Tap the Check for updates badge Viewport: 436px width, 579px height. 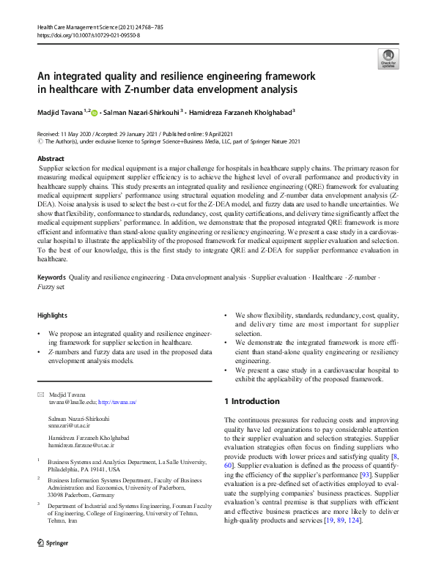(387, 59)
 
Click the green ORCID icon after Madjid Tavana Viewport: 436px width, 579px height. (94, 112)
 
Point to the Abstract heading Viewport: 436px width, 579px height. (51, 158)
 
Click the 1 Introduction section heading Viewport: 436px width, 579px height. (251, 401)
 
